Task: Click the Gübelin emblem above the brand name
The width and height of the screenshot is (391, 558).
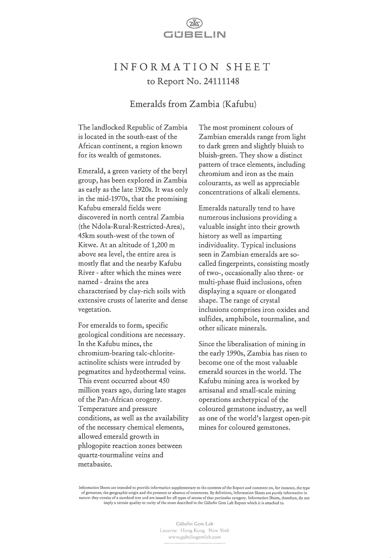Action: tap(194, 24)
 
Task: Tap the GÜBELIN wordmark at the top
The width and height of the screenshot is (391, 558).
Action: tap(194, 35)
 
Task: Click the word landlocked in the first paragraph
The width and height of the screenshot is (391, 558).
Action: tap(107, 128)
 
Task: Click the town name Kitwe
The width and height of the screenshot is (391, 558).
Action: tap(87, 245)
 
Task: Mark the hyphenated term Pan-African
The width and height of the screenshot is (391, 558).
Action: tap(111, 399)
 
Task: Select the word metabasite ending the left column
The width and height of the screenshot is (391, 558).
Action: tap(95, 464)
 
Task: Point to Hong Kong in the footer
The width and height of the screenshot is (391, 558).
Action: tap(192, 530)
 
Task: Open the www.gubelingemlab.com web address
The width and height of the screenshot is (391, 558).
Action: tap(194, 537)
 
